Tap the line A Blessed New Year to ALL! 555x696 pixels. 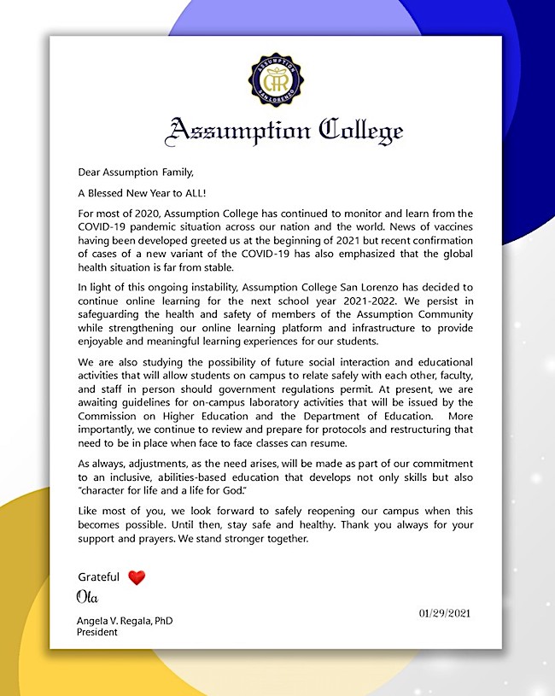pos(140,192)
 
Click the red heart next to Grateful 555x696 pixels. pos(137,578)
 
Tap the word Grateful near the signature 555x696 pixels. pos(99,577)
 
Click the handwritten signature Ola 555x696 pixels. pos(88,596)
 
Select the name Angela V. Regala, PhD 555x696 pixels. pos(125,621)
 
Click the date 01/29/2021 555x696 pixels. pos(445,613)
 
